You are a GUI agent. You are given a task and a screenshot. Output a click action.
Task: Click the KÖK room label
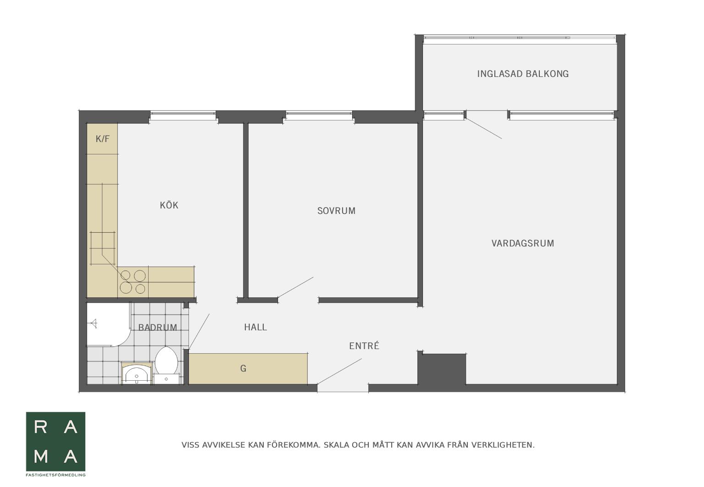169,205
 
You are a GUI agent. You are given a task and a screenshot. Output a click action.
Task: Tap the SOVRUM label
336,211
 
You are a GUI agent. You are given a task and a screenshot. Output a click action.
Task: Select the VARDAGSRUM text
523,243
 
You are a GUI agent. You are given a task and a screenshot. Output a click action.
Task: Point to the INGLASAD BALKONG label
523,74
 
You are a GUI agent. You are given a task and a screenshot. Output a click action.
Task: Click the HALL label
255,327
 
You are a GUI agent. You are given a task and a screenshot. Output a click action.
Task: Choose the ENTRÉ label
364,346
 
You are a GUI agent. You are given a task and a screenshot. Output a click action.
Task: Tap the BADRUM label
158,328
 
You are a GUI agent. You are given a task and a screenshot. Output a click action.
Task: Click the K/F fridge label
102,139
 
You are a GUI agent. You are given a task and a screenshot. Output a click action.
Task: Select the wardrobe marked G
248,369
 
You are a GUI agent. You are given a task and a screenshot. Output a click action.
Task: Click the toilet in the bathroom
166,365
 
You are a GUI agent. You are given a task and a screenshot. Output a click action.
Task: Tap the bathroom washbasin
137,374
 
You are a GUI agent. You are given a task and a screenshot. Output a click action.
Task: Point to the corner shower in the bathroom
108,324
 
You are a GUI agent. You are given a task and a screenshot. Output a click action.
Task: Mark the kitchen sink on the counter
103,248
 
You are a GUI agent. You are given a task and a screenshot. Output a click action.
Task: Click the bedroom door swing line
296,287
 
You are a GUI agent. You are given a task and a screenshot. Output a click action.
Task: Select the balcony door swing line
484,128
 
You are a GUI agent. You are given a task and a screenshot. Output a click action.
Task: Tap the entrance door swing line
339,371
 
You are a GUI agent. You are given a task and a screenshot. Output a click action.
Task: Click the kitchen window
183,115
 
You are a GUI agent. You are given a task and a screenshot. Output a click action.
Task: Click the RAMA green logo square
55,442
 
